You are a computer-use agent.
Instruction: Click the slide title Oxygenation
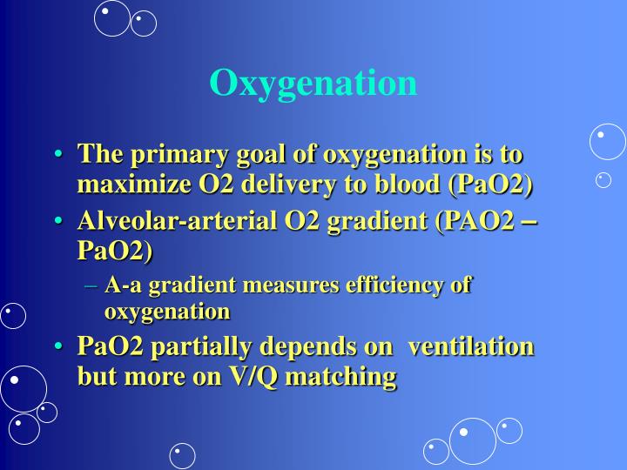[x=313, y=83]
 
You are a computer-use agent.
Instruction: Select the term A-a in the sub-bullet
[x=123, y=285]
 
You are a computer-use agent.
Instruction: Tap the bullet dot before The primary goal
[x=58, y=156]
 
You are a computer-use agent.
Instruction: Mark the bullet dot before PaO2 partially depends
[x=58, y=347]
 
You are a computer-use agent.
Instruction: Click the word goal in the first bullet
[x=266, y=155]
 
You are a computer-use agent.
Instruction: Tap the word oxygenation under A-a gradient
[x=167, y=311]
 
